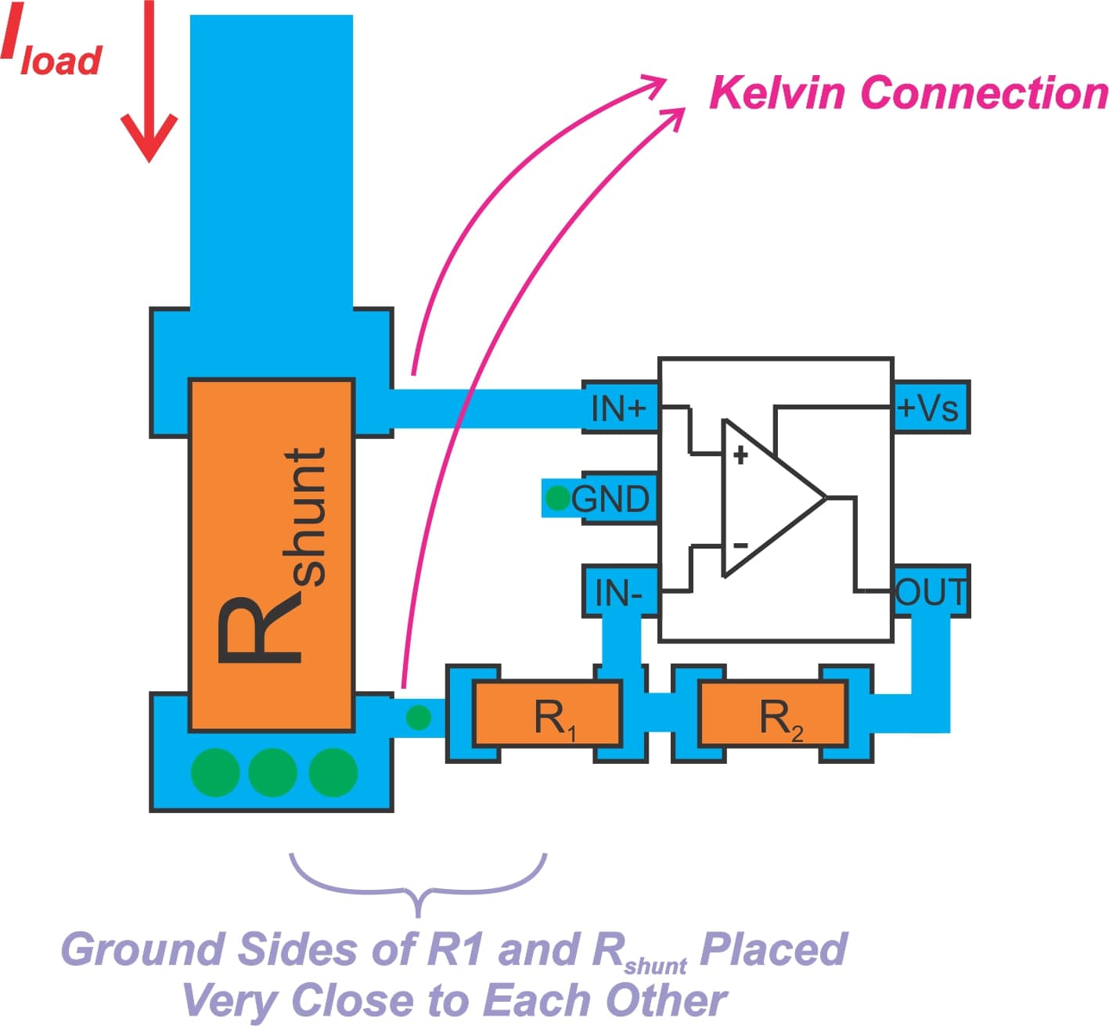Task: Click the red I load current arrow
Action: [x=149, y=86]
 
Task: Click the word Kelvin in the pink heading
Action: [x=777, y=93]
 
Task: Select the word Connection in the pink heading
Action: [x=984, y=93]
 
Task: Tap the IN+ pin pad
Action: [x=619, y=408]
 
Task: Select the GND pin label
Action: [x=611, y=499]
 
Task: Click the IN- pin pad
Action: [x=619, y=592]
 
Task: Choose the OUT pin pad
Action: [x=931, y=592]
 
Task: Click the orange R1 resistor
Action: [x=547, y=714]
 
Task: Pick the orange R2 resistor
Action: [x=773, y=714]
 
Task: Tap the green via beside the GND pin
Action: [x=557, y=498]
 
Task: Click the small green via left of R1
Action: [x=419, y=717]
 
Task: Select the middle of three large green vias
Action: [x=272, y=772]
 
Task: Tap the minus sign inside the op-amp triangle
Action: [x=740, y=545]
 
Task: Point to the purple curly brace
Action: [x=418, y=884]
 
